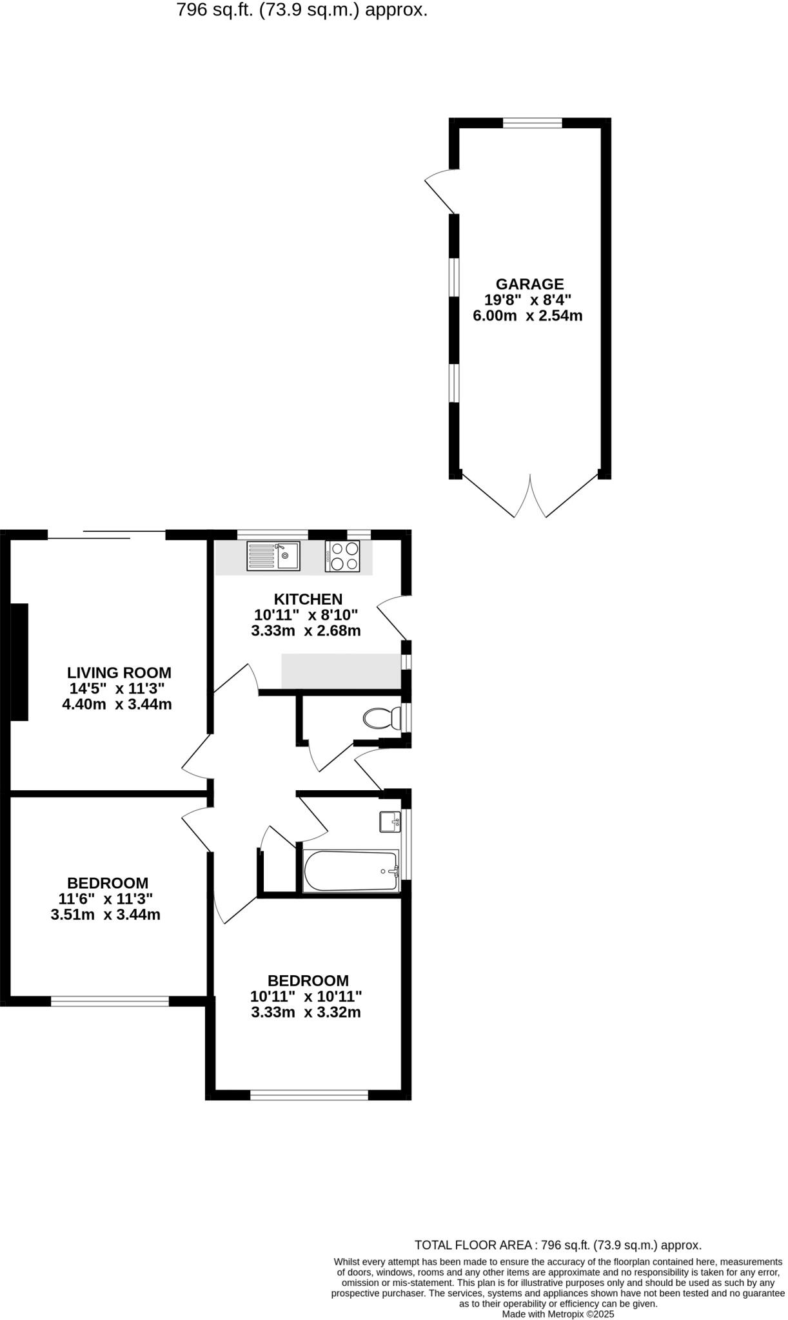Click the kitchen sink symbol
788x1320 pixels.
click(273, 556)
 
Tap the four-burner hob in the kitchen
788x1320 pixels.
click(342, 556)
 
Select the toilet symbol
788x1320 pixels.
click(381, 717)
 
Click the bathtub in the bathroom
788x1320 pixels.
click(351, 871)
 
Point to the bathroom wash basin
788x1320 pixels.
click(389, 822)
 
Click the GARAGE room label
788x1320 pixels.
click(529, 284)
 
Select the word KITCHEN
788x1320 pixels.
click(308, 599)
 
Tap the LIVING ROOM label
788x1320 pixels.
click(119, 673)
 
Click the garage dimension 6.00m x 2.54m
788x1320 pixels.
click(527, 316)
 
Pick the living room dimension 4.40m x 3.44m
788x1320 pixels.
click(117, 704)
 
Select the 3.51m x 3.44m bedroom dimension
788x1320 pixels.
click(105, 915)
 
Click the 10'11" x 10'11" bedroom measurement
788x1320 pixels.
click(306, 996)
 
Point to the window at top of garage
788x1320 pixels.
click(532, 123)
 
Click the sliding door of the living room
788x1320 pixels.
click(106, 535)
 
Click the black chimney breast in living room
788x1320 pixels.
click(19, 662)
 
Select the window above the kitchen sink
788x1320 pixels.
click(272, 534)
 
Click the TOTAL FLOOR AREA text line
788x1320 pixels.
click(557, 1245)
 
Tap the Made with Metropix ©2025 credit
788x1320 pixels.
click(558, 1314)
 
